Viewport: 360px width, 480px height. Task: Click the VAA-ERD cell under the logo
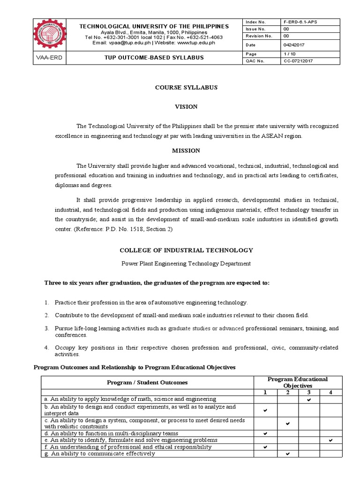tap(49, 58)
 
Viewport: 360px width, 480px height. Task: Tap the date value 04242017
tap(293, 45)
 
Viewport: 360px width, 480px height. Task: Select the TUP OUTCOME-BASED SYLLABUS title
tap(154, 58)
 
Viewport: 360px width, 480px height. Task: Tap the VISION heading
tap(186, 107)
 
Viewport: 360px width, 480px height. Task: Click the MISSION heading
tap(186, 150)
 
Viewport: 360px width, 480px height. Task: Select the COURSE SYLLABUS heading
tap(186, 88)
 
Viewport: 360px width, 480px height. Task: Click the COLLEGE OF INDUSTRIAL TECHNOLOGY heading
tap(186, 250)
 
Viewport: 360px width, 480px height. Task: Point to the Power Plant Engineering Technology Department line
tap(186, 263)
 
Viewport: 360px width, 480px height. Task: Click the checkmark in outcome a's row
tap(309, 399)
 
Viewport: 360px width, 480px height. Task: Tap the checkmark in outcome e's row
tap(331, 440)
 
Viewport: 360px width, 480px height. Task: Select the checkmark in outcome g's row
tap(287, 454)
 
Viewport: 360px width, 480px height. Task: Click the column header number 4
tap(331, 392)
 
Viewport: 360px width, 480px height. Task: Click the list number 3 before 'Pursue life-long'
tap(46, 329)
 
